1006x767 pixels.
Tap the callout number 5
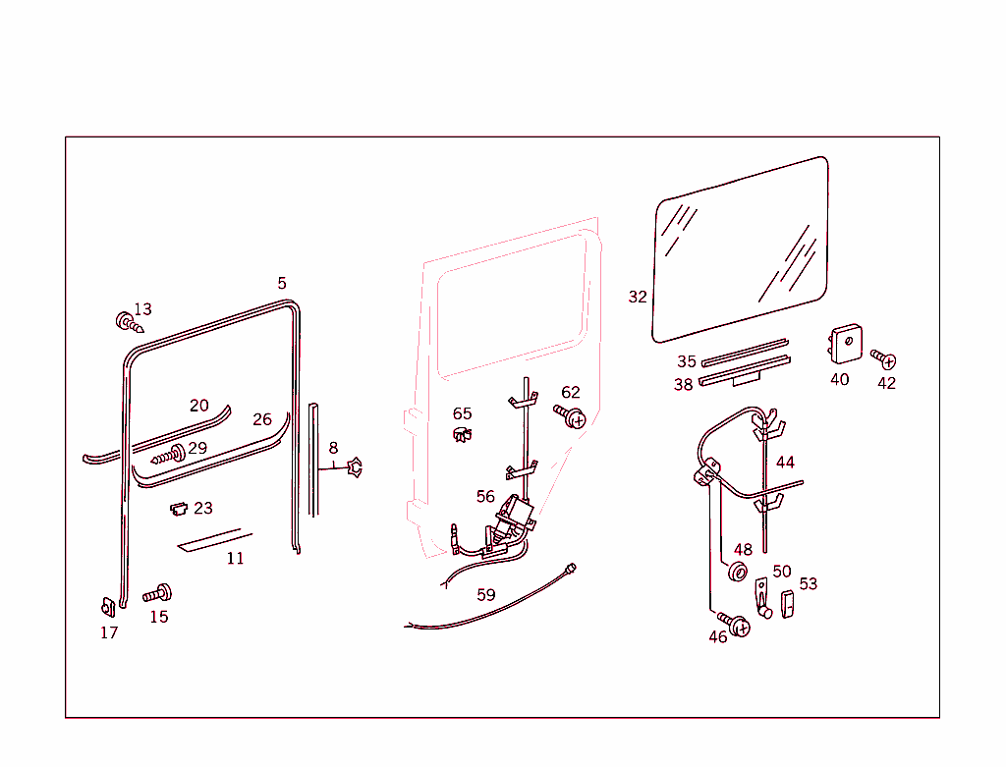(282, 283)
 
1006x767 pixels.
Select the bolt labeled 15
(157, 593)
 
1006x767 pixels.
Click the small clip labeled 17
(108, 609)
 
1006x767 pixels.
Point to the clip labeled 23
(179, 509)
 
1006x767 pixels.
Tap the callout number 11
(235, 559)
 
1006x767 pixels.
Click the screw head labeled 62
(572, 417)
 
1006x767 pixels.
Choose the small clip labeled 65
(461, 434)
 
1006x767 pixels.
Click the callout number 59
(486, 594)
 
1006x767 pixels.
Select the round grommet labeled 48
(738, 573)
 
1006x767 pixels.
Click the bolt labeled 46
(737, 624)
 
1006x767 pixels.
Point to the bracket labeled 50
(762, 598)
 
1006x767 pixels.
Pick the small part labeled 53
(786, 604)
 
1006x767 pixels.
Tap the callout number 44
(785, 463)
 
